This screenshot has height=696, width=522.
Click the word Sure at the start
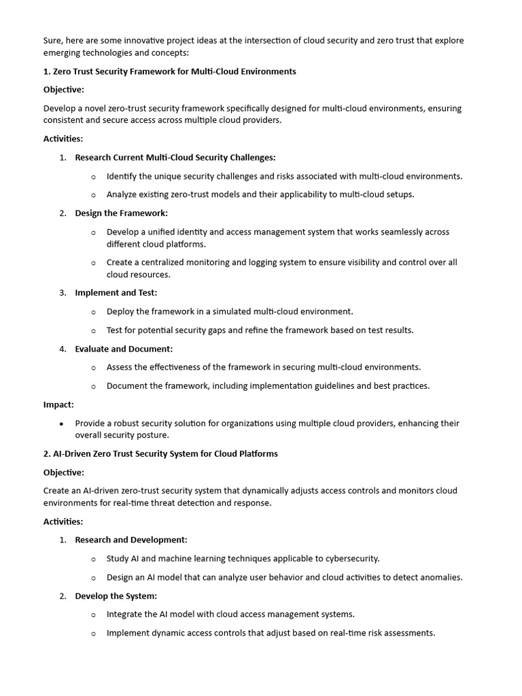tap(53, 41)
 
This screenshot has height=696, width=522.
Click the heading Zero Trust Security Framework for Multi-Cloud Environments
tap(174, 71)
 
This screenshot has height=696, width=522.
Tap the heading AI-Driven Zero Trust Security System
tap(165, 453)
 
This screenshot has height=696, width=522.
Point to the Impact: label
tap(58, 404)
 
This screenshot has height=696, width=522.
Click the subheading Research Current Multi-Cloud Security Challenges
tap(175, 158)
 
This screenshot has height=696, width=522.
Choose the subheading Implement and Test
tap(116, 293)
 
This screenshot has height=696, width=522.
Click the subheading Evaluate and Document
tap(124, 349)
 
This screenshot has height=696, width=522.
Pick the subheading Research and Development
tap(131, 540)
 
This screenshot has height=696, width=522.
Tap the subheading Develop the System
tap(116, 596)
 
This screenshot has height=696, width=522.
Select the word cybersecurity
tap(347, 559)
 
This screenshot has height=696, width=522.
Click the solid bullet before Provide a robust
tap(62, 423)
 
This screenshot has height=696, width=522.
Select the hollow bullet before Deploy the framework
tap(94, 312)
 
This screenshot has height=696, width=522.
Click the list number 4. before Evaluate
tap(63, 349)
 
